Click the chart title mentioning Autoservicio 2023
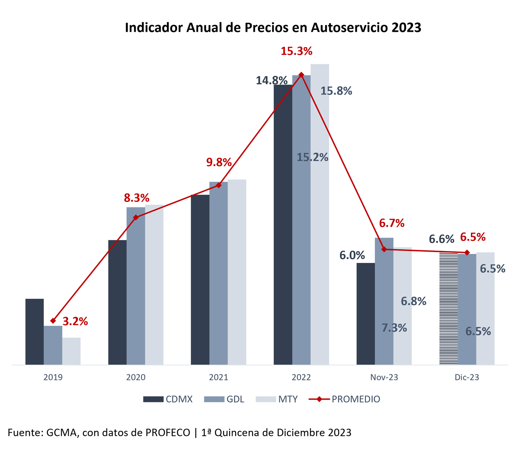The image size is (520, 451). click(x=273, y=28)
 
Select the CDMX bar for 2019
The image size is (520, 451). click(x=34, y=331)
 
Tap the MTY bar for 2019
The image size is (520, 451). click(x=71, y=351)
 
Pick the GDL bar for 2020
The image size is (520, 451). click(x=136, y=286)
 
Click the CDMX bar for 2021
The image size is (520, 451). click(x=200, y=279)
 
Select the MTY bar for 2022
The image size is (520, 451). click(x=319, y=214)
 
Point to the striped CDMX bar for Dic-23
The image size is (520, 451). click(x=448, y=308)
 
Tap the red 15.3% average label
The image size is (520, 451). click(x=296, y=51)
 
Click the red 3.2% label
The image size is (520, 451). click(x=75, y=321)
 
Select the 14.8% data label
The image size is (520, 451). click(x=272, y=80)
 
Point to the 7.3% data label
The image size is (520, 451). click(x=394, y=328)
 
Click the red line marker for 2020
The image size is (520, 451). click(x=136, y=217)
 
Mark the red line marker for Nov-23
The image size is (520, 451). click(x=384, y=249)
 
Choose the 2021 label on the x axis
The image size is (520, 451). click(x=218, y=377)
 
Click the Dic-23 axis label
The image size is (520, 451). click(x=467, y=377)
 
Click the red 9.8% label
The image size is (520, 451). click(x=219, y=162)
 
